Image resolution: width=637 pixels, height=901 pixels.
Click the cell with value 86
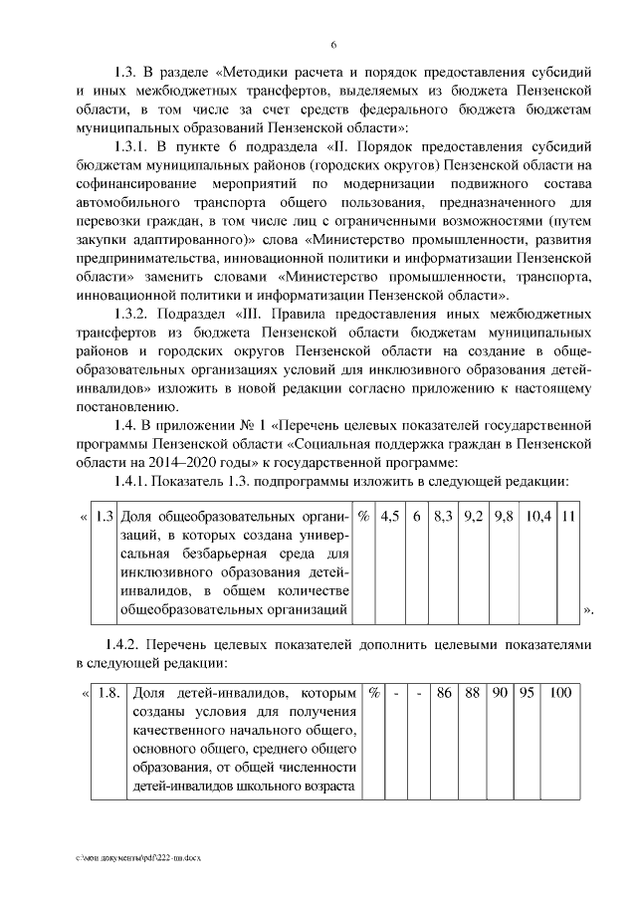click(x=444, y=692)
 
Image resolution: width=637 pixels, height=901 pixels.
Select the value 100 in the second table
click(x=560, y=692)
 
